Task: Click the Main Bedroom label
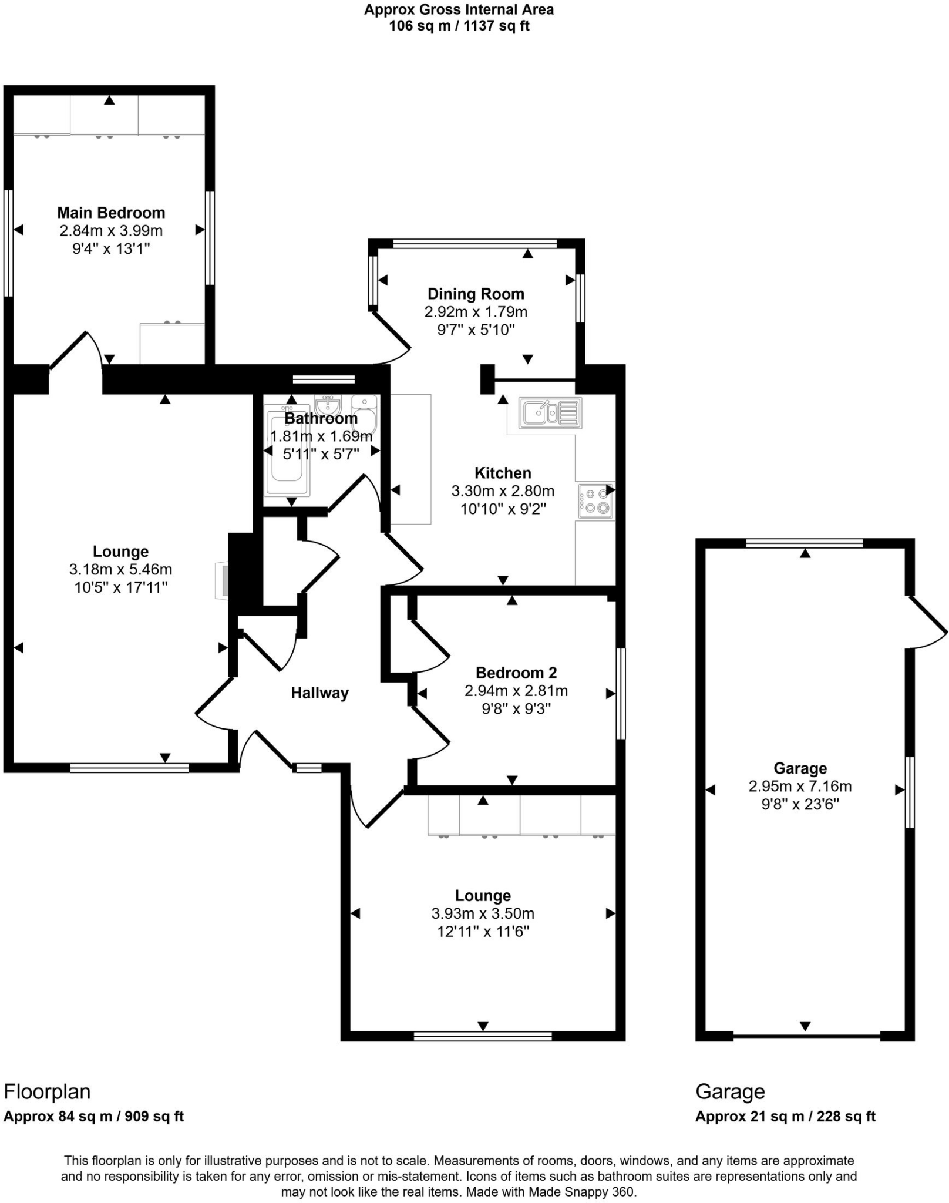click(x=111, y=213)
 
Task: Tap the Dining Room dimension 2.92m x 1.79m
click(x=476, y=312)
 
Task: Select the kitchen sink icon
click(x=550, y=412)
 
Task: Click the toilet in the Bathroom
click(x=365, y=411)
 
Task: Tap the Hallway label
click(x=319, y=693)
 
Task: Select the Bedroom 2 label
click(x=516, y=673)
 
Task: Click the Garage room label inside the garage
click(x=800, y=768)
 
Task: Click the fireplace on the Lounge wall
click(x=223, y=580)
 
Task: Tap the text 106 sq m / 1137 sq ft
click(x=459, y=26)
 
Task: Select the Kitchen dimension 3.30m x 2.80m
click(x=503, y=491)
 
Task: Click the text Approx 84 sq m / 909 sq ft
click(x=93, y=1117)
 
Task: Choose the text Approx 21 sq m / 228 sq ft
click(x=785, y=1117)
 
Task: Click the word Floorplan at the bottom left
click(x=47, y=1092)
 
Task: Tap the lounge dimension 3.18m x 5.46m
click(x=120, y=569)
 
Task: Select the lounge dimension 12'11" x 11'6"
click(x=483, y=932)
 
